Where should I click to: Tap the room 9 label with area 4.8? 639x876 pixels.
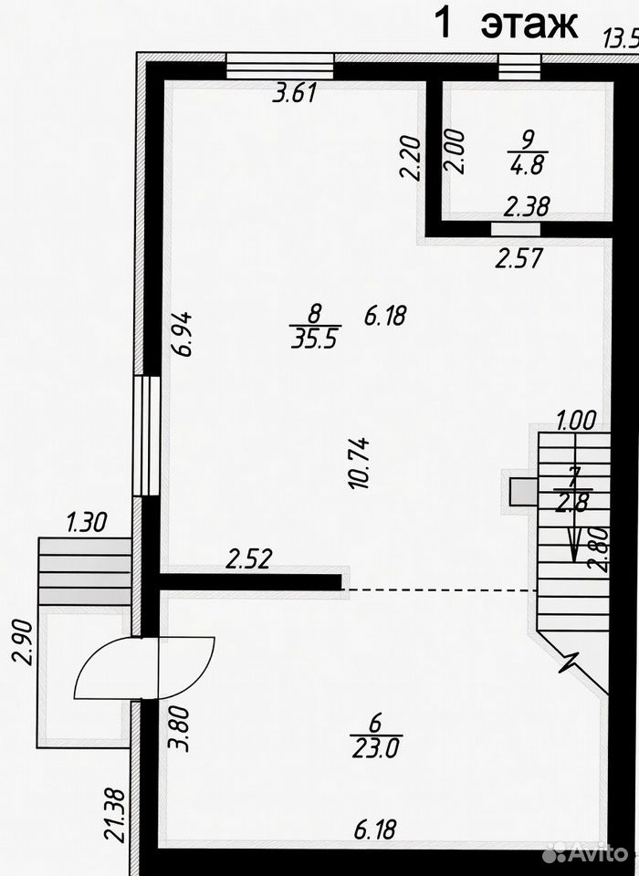coord(528,152)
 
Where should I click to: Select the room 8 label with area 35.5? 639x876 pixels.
coord(315,327)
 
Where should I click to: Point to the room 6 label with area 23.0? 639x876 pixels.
coord(376,737)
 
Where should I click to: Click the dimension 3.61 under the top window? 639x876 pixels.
coord(295,93)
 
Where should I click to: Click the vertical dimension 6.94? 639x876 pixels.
coord(183,334)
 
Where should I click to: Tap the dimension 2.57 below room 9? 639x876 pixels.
coord(519,258)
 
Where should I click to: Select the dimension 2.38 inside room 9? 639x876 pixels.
coord(527,206)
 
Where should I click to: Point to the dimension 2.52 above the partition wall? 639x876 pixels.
coord(249,558)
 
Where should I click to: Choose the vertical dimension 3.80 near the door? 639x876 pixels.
coord(179,729)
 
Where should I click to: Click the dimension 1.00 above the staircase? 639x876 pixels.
coord(576,420)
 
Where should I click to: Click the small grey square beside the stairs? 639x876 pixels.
coord(522,492)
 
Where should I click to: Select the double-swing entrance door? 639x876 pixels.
coord(144,668)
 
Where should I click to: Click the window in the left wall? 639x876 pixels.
coord(146,435)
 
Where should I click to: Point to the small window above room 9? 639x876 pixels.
coord(519,68)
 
